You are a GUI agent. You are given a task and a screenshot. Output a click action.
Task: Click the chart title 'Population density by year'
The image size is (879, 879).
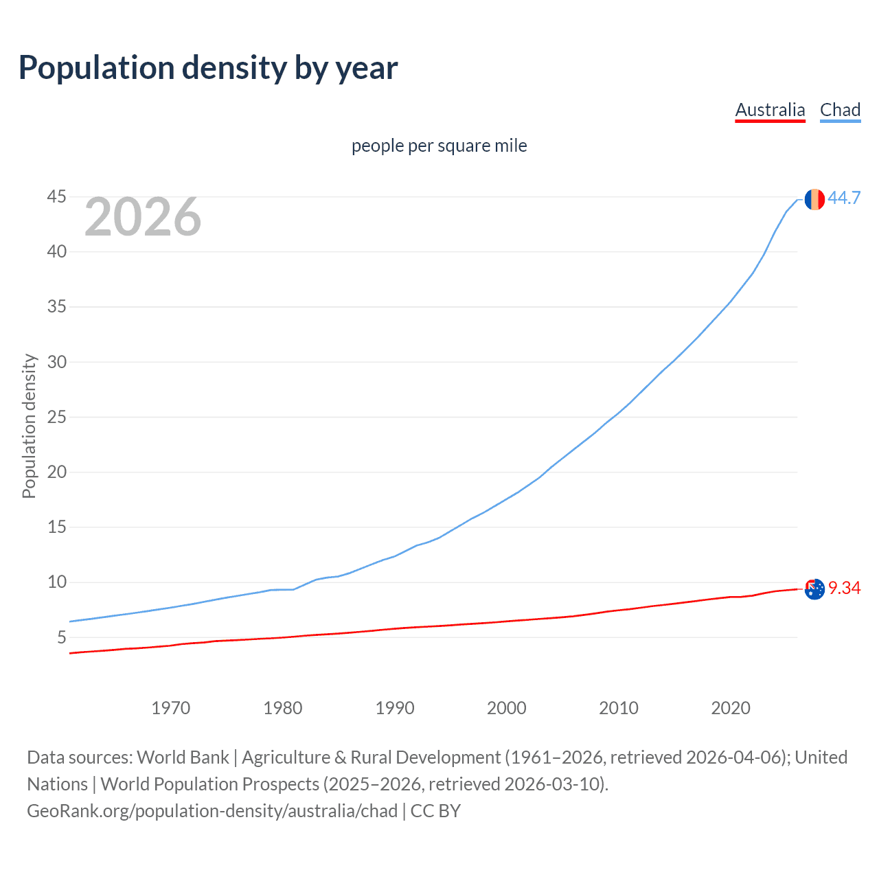point(208,68)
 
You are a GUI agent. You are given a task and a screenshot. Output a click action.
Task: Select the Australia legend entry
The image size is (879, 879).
point(770,110)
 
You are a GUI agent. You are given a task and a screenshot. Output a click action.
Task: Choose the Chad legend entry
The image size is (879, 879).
point(840,110)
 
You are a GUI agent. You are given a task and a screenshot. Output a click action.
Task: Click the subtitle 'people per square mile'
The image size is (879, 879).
point(439,146)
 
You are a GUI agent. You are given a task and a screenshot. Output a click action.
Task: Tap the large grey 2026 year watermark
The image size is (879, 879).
point(143,217)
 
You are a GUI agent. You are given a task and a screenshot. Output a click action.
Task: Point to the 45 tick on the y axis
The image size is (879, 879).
point(56,197)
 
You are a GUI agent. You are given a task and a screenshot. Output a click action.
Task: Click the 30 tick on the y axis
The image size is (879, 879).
point(56,362)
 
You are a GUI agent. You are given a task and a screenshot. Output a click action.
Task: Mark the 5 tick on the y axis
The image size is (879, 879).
point(62,637)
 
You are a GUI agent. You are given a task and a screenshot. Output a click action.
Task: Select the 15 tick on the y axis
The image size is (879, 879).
point(56,527)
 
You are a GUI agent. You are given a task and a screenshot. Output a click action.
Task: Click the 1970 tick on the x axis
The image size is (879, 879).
point(170,708)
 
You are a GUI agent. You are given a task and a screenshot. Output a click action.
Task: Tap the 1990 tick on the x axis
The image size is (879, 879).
point(395,708)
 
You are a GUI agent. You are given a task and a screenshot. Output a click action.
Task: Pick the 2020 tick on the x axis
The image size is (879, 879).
point(731,708)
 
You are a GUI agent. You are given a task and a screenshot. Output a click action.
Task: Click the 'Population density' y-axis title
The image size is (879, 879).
point(29,426)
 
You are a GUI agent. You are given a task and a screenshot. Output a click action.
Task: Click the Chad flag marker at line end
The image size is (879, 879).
point(814,199)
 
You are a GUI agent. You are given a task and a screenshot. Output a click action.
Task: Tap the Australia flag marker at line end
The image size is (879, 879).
point(814,589)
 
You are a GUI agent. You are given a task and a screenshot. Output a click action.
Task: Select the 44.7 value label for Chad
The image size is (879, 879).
point(844,198)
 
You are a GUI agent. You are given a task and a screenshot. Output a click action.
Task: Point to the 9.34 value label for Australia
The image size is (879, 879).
point(844,588)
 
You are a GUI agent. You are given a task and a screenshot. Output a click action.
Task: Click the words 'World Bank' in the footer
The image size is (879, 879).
point(183,757)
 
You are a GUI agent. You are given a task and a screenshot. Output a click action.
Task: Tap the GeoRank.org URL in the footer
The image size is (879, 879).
point(212,811)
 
